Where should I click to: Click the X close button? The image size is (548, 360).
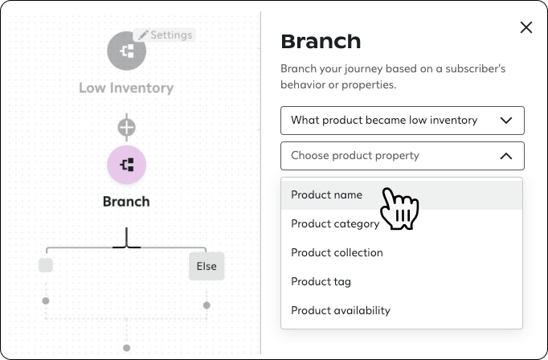pyautogui.click(x=526, y=27)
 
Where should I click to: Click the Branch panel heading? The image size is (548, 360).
pyautogui.click(x=321, y=42)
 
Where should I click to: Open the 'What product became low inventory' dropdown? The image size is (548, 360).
pyautogui.click(x=402, y=121)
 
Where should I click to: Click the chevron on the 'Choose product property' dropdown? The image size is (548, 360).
pyautogui.click(x=506, y=156)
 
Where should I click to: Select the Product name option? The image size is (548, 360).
pyautogui.click(x=326, y=194)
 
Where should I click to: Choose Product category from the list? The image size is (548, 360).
pyautogui.click(x=334, y=223)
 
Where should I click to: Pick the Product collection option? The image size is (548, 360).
pyautogui.click(x=337, y=252)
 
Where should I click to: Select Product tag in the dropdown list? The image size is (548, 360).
pyautogui.click(x=321, y=281)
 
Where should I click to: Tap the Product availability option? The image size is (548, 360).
pyautogui.click(x=340, y=310)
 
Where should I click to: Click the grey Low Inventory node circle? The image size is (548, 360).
pyautogui.click(x=126, y=50)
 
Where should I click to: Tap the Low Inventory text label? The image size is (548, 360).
pyautogui.click(x=126, y=88)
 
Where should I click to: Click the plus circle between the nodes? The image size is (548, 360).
pyautogui.click(x=126, y=127)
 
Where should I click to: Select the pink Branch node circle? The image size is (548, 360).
pyautogui.click(x=126, y=165)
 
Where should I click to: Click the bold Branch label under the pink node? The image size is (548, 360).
pyautogui.click(x=126, y=201)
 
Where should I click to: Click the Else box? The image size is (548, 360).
pyautogui.click(x=207, y=266)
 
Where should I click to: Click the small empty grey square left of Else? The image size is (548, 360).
pyautogui.click(x=46, y=265)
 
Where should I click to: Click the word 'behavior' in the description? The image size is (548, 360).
pyautogui.click(x=304, y=84)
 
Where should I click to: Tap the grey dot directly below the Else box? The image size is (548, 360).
pyautogui.click(x=207, y=305)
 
